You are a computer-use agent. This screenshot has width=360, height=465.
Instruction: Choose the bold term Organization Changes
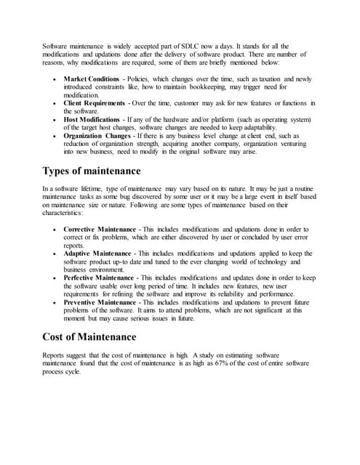pos(96,135)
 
